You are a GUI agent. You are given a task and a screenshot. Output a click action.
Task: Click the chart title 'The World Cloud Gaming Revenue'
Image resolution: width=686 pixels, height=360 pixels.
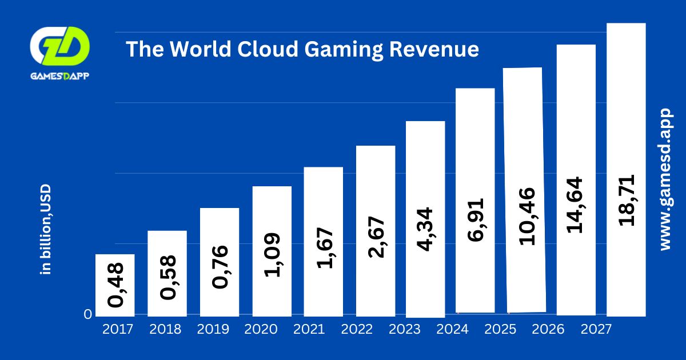point(302,49)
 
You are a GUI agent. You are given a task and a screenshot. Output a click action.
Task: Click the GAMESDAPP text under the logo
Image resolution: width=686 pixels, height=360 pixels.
point(59,76)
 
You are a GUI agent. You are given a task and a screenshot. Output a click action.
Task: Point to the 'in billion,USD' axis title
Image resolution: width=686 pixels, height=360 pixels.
point(46,229)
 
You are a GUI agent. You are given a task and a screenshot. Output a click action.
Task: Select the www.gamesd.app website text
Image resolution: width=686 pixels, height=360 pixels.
point(665,179)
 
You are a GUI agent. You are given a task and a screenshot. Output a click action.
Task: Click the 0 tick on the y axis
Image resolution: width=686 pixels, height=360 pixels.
point(87,314)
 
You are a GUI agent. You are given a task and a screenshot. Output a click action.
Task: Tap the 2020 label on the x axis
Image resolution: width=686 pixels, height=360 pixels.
point(261,330)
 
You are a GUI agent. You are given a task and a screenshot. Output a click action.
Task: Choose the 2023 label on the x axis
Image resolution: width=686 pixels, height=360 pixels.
point(404,330)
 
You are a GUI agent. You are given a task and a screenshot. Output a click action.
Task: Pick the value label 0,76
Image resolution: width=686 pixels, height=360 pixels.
point(220,267)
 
